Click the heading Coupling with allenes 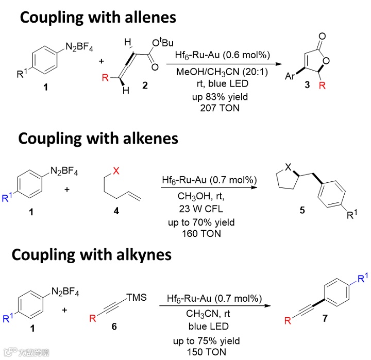click(98, 18)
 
